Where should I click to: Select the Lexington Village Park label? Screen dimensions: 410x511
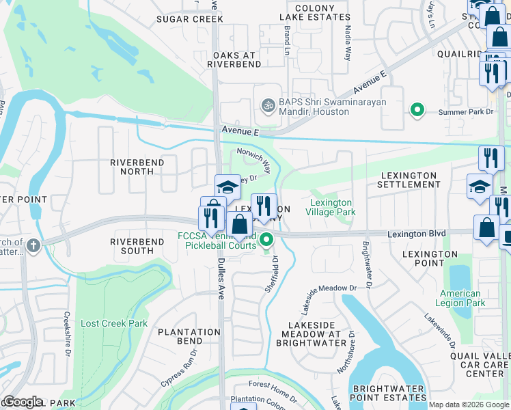tap(332, 208)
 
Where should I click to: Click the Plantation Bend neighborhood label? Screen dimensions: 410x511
tap(189, 336)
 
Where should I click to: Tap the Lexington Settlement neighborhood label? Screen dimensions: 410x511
tap(408, 180)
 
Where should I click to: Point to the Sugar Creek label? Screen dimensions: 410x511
tap(189, 19)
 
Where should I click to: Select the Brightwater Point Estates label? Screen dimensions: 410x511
tap(389, 393)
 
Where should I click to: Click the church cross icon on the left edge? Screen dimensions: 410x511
tap(33, 243)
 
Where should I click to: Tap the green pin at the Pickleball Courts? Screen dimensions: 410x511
tap(267, 240)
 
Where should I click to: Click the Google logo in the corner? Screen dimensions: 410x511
tap(23, 402)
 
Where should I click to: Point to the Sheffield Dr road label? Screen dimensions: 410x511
tap(272, 275)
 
